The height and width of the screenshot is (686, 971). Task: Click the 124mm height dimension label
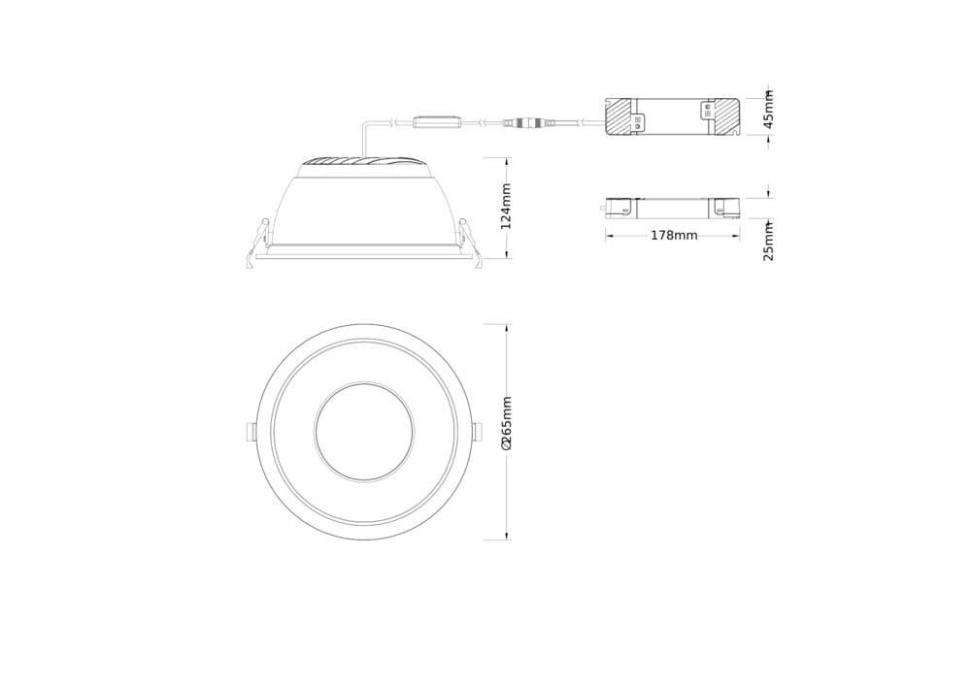[506, 206]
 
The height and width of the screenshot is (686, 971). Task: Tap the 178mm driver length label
[674, 236]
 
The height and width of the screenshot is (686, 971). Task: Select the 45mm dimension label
[768, 109]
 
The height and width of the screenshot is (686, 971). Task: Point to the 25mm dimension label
[768, 242]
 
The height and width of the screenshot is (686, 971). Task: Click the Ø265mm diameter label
[506, 423]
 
